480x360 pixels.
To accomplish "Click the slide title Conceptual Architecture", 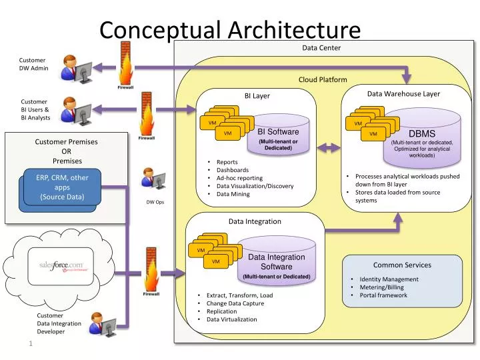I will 229,29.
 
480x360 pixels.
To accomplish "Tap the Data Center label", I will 321,48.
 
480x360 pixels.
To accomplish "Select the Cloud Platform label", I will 323,79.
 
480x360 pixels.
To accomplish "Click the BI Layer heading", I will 257,96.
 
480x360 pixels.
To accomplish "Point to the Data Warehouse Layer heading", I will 403,94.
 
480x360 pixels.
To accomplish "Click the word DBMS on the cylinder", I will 421,134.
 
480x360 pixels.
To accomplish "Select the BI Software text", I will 278,132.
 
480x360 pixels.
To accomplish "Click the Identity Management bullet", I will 389,279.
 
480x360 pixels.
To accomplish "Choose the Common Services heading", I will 402,265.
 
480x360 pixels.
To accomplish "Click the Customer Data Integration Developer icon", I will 102,325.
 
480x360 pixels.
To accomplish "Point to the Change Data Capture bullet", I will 235,303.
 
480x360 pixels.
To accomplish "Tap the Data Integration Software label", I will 276,262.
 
